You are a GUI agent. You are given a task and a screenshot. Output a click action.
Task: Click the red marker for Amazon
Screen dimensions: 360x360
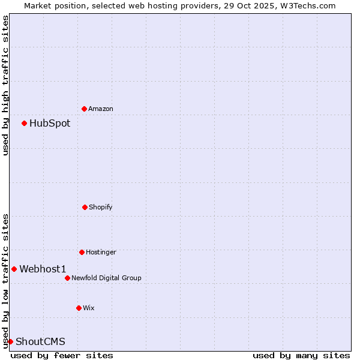pyautogui.click(x=84, y=109)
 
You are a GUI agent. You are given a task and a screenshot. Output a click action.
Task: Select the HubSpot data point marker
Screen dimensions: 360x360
pyautogui.click(x=24, y=123)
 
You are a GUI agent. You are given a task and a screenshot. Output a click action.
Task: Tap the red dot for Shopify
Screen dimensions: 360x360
pyautogui.click(x=85, y=207)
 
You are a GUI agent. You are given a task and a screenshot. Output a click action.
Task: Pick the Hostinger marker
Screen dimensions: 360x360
pyautogui.click(x=82, y=252)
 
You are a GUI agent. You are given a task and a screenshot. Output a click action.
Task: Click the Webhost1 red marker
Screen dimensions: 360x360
pyautogui.click(x=14, y=269)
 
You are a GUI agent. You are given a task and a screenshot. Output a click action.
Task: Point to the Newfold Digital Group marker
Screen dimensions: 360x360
pyautogui.click(x=67, y=278)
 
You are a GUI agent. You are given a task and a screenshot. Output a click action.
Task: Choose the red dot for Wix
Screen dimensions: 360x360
pyautogui.click(x=79, y=308)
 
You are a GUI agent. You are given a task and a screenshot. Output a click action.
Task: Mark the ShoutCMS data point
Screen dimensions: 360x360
pyautogui.click(x=10, y=341)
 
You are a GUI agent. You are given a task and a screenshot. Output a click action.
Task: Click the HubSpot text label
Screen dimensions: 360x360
pyautogui.click(x=50, y=124)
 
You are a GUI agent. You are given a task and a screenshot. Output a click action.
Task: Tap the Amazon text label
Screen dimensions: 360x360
pyautogui.click(x=101, y=109)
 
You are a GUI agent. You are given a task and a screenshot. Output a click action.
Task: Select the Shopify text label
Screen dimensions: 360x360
pyautogui.click(x=101, y=208)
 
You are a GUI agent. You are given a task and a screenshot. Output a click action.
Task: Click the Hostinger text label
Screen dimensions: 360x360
pyautogui.click(x=101, y=253)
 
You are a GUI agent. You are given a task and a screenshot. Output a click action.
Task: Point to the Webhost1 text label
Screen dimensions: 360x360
pyautogui.click(x=43, y=269)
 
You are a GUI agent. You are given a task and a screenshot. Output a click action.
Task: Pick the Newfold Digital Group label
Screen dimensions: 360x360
pyautogui.click(x=106, y=278)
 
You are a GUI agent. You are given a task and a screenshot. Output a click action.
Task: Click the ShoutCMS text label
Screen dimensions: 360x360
pyautogui.click(x=40, y=342)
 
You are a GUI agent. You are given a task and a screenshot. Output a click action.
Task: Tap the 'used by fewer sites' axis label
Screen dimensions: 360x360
pyautogui.click(x=62, y=355)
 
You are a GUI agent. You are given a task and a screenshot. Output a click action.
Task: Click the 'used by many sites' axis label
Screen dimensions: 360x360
pyautogui.click(x=301, y=355)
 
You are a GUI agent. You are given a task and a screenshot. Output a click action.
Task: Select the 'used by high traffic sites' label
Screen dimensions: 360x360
pyautogui.click(x=5, y=85)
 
